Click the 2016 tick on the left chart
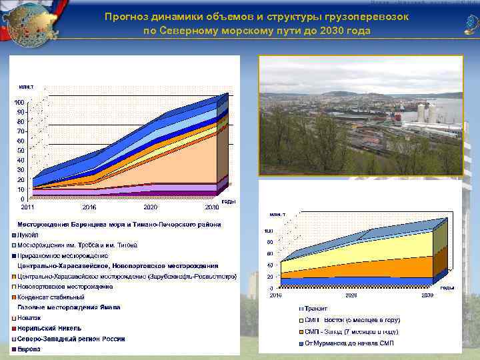(89, 207)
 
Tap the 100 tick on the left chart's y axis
(19, 102)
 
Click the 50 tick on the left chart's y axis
(21, 150)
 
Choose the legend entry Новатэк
(29, 317)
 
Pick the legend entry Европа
(29, 349)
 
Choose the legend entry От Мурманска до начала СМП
(349, 343)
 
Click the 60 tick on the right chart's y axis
(270, 254)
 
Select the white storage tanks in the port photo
(424, 113)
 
